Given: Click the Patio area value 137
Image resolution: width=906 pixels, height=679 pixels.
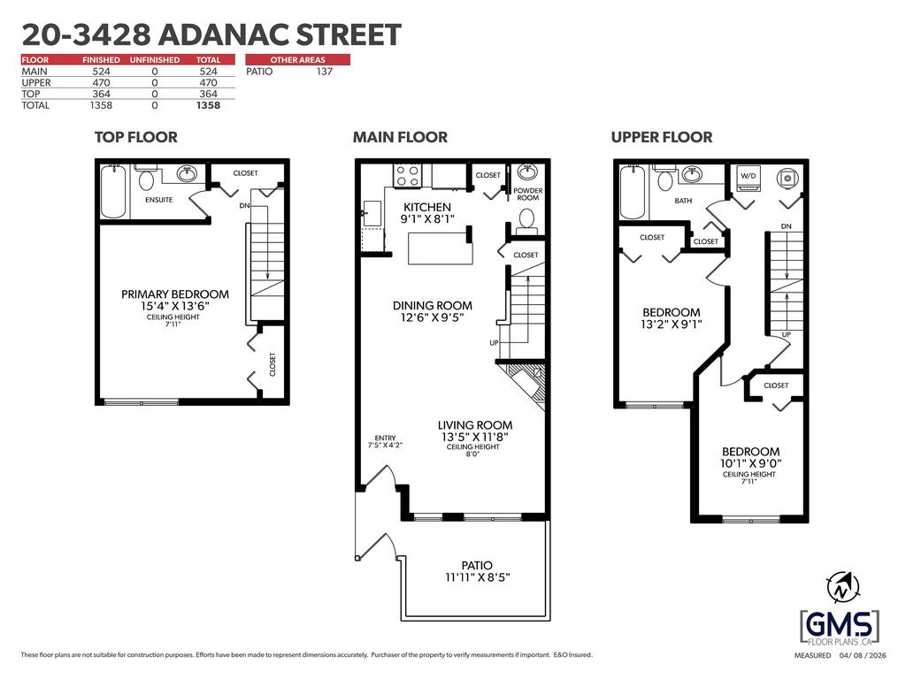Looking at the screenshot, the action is coord(324,72).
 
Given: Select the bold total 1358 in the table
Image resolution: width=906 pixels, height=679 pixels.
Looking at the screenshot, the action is coord(208,106).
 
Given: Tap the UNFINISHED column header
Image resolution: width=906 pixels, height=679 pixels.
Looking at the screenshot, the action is coord(154,59).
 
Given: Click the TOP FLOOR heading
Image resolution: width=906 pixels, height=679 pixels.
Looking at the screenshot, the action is coord(135,137).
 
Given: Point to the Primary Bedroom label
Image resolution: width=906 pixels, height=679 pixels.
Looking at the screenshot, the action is coord(175,294).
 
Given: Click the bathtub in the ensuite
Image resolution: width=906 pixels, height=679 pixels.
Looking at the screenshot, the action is coord(113,191).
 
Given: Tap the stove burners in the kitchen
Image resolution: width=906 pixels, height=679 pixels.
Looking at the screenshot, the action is coord(406,176).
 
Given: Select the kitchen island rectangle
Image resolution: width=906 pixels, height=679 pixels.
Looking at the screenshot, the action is coord(441,248).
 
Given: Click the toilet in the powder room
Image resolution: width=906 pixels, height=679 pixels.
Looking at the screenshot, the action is coord(526,221).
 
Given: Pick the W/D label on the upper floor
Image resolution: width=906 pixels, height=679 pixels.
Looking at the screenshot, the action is coord(749,176).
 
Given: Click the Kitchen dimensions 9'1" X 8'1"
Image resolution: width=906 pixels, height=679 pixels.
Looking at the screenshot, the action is coord(427,219).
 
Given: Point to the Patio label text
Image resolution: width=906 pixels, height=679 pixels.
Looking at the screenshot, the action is coord(477,565).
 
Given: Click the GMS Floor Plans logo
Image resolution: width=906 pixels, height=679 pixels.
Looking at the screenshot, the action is coord(840,628).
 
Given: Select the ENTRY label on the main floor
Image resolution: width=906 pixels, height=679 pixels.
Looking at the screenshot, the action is coord(385,439).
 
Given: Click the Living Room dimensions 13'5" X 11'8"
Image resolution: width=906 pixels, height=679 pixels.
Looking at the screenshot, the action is coord(475,437).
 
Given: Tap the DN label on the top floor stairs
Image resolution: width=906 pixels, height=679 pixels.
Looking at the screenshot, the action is coord(244,205).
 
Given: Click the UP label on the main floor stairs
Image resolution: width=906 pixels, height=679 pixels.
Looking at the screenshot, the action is coord(494,343).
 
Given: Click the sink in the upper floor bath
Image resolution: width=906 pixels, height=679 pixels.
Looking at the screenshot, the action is coord(691,174).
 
